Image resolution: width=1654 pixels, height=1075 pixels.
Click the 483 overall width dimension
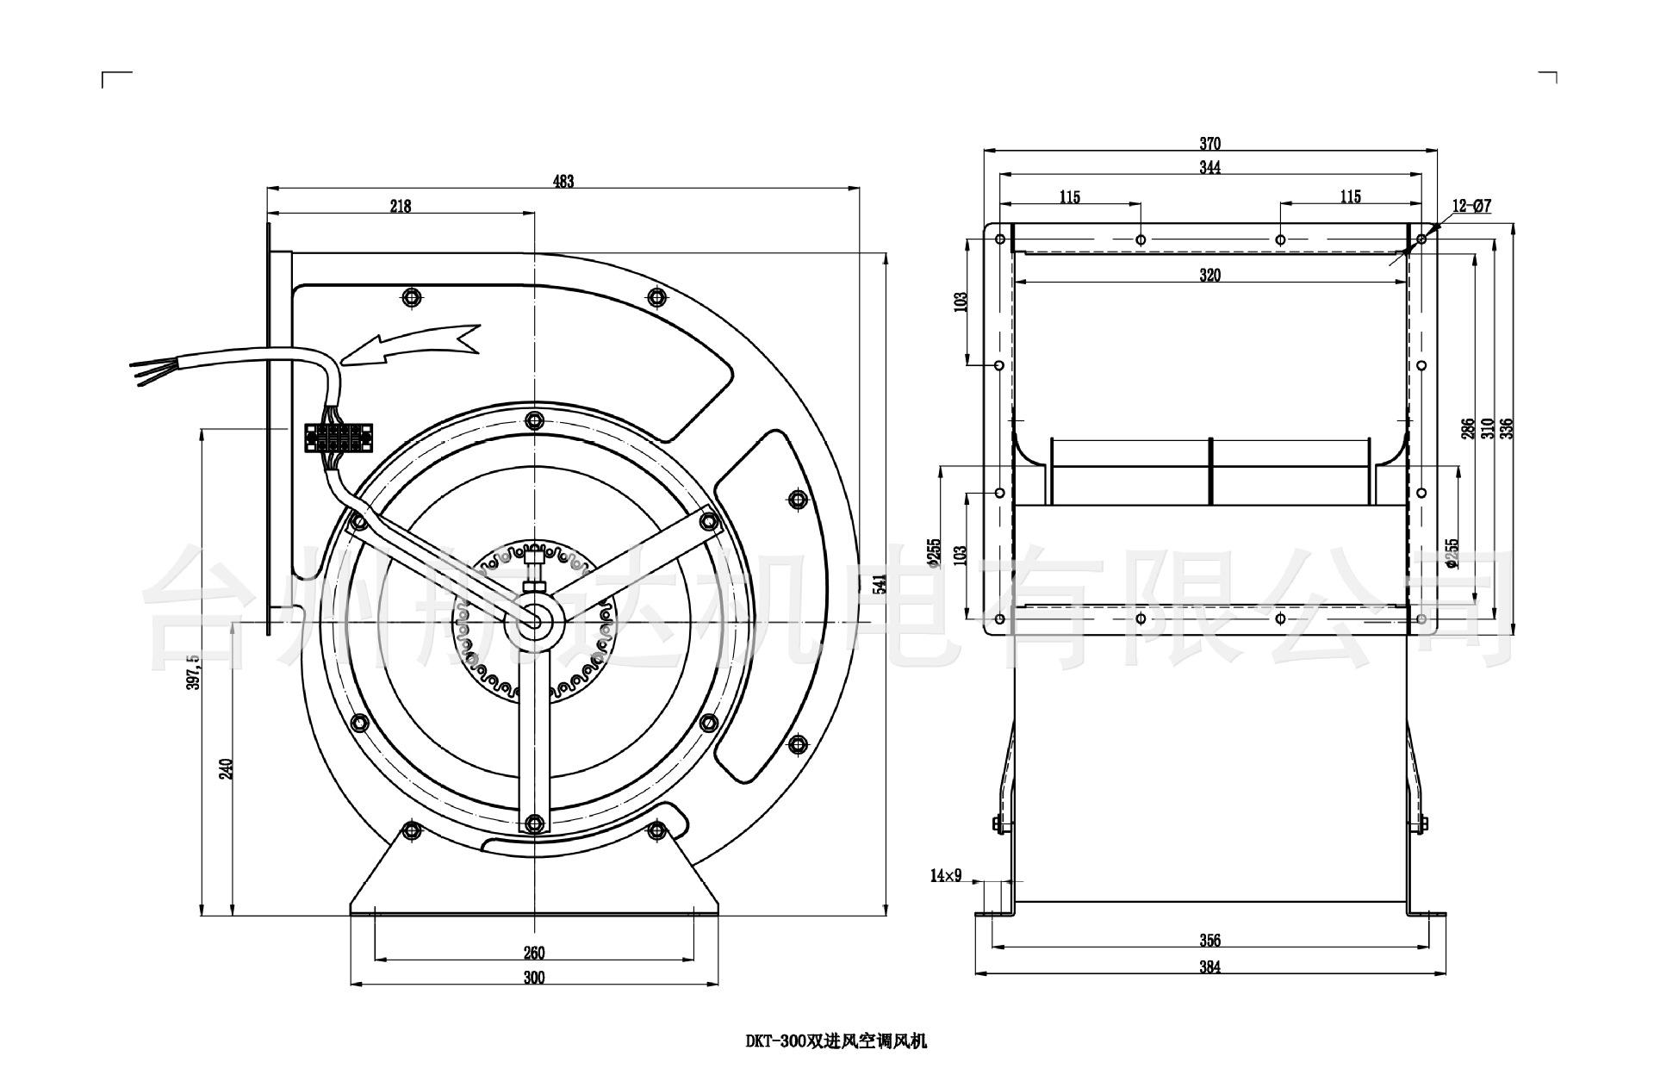point(563,181)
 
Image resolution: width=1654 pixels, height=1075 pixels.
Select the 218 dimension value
point(401,206)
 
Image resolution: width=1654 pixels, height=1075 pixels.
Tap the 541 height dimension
point(879,585)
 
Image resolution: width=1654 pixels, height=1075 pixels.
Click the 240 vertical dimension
point(226,768)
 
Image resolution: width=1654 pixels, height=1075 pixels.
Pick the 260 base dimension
point(534,953)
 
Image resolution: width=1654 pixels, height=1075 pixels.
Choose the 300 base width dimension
point(534,977)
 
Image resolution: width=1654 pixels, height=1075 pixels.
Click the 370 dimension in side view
point(1210,144)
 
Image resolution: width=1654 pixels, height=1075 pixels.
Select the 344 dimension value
point(1210,167)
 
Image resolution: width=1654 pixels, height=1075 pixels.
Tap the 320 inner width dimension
point(1210,276)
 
